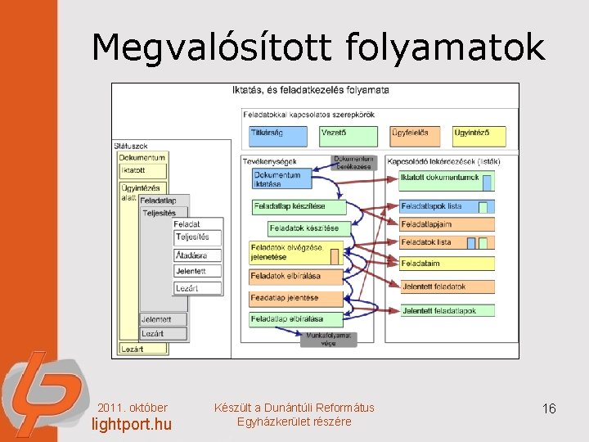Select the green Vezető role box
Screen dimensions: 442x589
pyautogui.click(x=348, y=136)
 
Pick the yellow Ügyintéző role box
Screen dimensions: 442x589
pyautogui.click(x=479, y=136)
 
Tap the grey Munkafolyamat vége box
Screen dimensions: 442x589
pyautogui.click(x=328, y=339)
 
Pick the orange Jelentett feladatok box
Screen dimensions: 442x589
pyautogui.click(x=447, y=286)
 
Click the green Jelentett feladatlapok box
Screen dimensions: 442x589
pyautogui.click(x=447, y=311)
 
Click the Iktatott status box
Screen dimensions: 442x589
pyautogui.click(x=142, y=171)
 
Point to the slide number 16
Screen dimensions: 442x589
pyautogui.click(x=548, y=408)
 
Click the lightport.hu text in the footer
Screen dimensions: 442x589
pyautogui.click(x=131, y=424)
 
